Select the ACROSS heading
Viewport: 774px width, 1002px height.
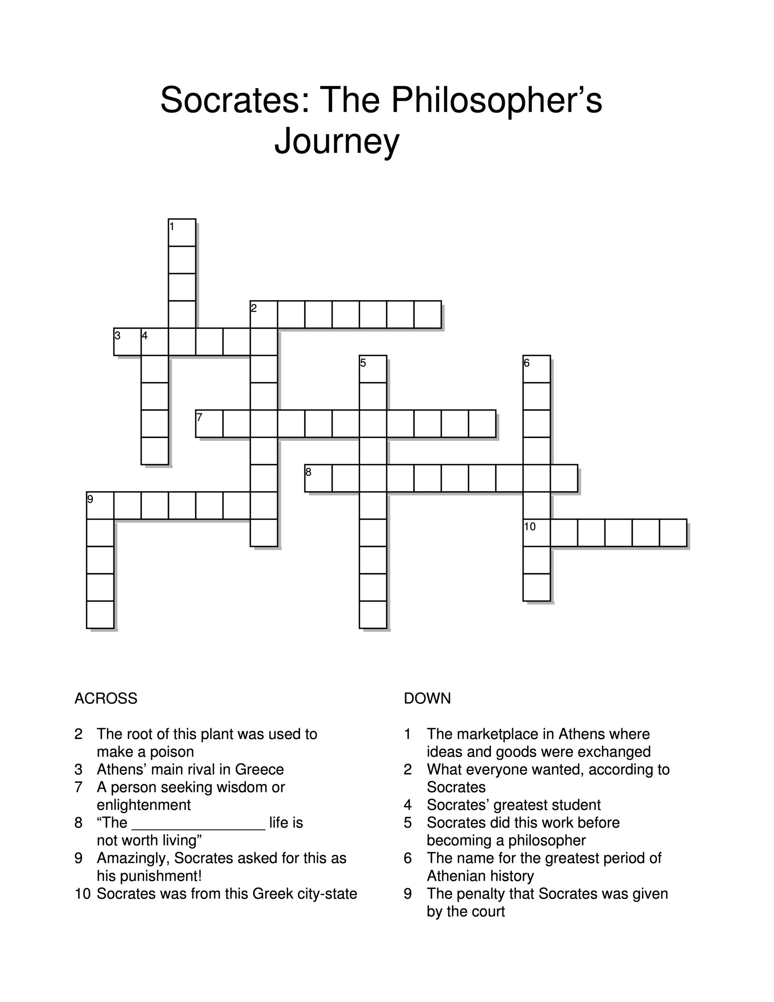(106, 698)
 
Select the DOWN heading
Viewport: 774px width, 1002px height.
(427, 698)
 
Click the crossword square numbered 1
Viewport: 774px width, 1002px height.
(182, 232)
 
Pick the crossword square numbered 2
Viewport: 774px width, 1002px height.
(264, 315)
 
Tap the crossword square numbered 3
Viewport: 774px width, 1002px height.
(128, 342)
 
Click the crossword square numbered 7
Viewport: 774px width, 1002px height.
(209, 424)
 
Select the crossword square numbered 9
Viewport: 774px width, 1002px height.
(100, 505)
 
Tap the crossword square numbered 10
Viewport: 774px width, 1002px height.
(537, 533)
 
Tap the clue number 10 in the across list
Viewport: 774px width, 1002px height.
(83, 894)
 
